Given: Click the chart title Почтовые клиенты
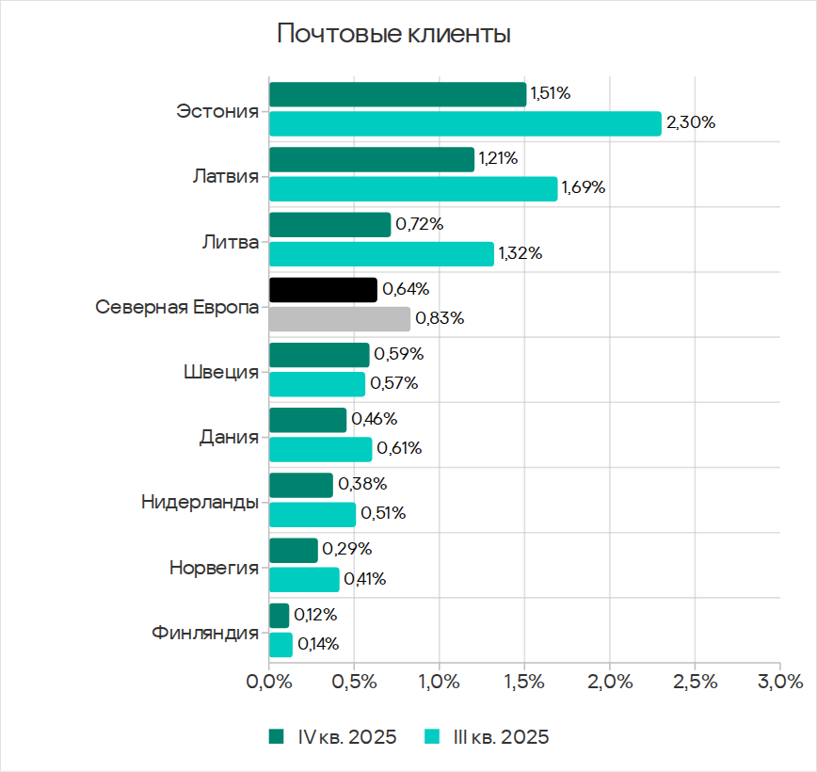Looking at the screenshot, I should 393,35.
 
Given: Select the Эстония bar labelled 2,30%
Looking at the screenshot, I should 465,123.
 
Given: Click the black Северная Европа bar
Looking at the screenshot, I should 323,290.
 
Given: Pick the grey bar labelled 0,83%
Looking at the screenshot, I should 340,319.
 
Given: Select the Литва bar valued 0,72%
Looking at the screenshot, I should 329,225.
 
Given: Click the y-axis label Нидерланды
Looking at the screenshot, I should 200,502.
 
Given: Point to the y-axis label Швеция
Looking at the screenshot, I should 220,371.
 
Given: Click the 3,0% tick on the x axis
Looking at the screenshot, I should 779,681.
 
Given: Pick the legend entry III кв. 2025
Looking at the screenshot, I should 487,737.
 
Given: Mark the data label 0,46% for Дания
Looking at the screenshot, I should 374,419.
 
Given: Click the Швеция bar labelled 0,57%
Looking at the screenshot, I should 316,384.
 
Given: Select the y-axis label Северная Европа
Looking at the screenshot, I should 177,307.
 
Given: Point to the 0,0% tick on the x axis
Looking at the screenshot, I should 269,681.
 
